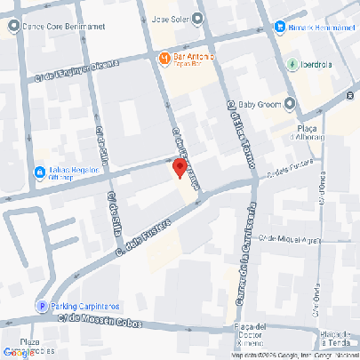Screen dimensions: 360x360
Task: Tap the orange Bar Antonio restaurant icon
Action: click(164, 59)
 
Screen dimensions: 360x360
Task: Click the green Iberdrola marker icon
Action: click(292, 64)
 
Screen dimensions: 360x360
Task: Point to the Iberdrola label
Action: click(322, 64)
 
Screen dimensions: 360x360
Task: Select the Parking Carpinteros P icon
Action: click(41, 306)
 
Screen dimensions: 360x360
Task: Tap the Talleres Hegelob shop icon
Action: click(39, 172)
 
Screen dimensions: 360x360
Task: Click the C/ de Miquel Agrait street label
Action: click(288, 239)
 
